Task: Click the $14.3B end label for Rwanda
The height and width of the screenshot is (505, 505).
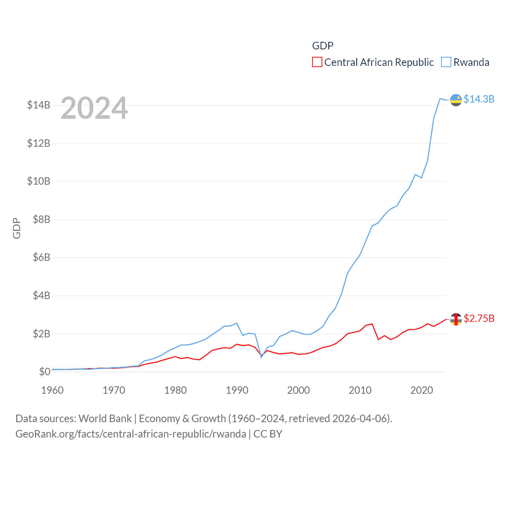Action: point(479,99)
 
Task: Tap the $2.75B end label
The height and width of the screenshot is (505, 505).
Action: point(479,318)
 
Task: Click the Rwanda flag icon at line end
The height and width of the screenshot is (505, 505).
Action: point(456,100)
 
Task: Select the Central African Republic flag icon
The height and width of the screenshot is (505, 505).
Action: point(456,319)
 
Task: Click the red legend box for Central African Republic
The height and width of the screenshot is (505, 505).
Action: point(317,62)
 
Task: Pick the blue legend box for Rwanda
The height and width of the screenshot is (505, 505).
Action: point(446,62)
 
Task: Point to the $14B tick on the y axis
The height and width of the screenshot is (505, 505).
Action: point(39,105)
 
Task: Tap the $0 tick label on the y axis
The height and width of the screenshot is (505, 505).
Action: point(45,372)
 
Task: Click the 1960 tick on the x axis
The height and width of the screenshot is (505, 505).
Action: point(52,390)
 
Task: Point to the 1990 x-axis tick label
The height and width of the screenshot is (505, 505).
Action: point(237,390)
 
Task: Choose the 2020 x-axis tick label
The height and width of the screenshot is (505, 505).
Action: point(422,390)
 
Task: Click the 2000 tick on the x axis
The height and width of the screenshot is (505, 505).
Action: point(299,390)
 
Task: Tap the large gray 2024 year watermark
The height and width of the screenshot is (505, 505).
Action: point(94,108)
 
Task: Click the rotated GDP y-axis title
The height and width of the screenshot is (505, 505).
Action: point(17,228)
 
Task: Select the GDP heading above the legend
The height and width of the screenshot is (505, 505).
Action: point(323,46)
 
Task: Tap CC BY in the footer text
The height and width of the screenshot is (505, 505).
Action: point(268,434)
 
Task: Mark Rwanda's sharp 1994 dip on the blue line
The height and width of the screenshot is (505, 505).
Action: point(261,357)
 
